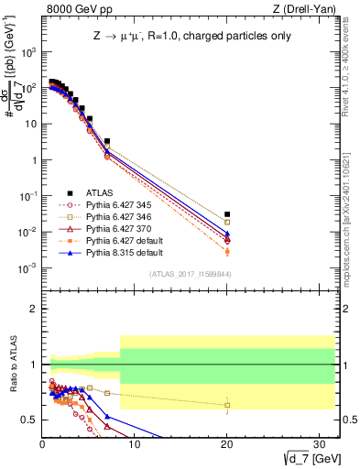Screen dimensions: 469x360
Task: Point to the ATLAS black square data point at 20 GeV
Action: [227, 214]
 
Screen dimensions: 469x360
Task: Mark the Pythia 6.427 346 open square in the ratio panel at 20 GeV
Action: [227, 405]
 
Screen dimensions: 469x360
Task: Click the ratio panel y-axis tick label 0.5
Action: [30, 420]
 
